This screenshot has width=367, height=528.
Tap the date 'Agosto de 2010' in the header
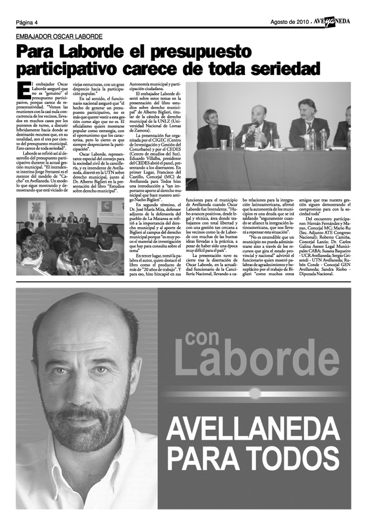289,22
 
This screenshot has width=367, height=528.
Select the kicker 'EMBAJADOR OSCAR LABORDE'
59,36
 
